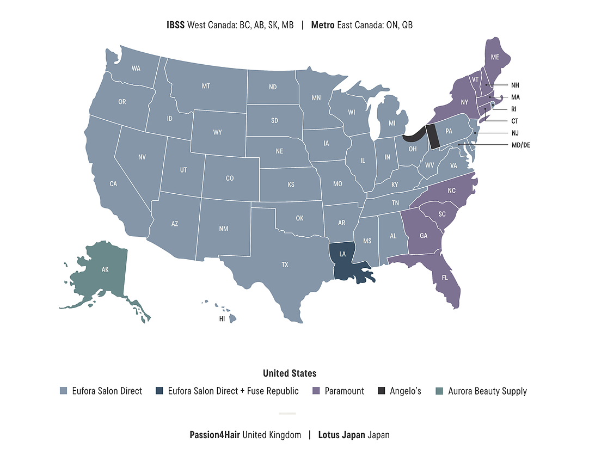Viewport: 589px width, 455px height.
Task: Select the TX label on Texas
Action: pos(285,265)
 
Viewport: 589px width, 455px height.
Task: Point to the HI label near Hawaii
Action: pos(222,319)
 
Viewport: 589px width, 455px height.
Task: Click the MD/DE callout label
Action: pos(520,145)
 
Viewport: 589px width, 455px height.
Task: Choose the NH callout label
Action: pos(515,85)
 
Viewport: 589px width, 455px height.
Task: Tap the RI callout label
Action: pos(514,109)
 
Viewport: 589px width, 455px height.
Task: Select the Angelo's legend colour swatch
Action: pos(381,391)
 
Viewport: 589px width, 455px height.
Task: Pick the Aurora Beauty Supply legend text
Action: pos(487,391)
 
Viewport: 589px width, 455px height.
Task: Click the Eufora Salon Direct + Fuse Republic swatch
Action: pos(159,391)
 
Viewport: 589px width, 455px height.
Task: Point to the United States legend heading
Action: pos(290,373)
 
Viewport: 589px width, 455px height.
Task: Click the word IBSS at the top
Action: pos(176,25)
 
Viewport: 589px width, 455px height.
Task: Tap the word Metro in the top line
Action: pos(323,25)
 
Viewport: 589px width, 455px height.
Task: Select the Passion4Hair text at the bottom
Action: pos(215,435)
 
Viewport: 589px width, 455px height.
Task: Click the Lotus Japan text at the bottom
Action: pos(341,435)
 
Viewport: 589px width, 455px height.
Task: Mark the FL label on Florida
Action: pos(444,278)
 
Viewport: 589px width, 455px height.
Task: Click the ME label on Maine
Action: pos(495,57)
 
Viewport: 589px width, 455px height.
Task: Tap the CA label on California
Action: pos(113,184)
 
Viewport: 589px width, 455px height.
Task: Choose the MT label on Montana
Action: pos(206,86)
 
